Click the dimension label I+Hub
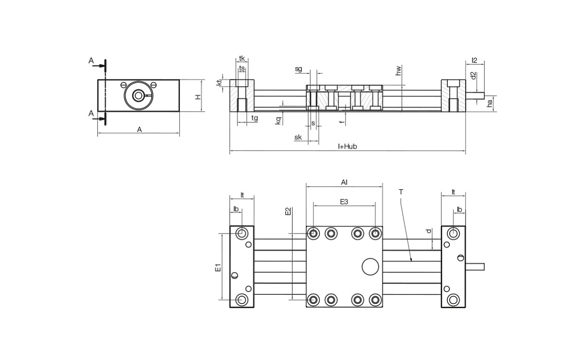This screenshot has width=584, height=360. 347,147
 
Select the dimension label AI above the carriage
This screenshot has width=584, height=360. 344,182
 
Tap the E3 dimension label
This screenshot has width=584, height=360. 344,202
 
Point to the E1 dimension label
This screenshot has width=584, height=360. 218,267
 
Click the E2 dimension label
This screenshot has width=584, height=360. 288,211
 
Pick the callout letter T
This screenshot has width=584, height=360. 401,192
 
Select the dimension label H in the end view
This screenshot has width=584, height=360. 198,96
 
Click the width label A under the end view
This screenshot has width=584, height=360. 139,130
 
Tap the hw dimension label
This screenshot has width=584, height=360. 398,71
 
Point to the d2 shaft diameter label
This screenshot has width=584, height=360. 473,76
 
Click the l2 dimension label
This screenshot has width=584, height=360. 474,61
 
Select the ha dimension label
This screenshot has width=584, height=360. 490,103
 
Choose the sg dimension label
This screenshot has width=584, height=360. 298,69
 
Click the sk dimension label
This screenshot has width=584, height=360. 298,137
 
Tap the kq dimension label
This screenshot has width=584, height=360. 278,120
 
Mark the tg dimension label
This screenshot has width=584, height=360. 254,118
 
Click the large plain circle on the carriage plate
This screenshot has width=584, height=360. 370,266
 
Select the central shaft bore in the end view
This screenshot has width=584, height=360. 138,96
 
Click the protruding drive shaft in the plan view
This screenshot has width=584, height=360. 475,266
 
